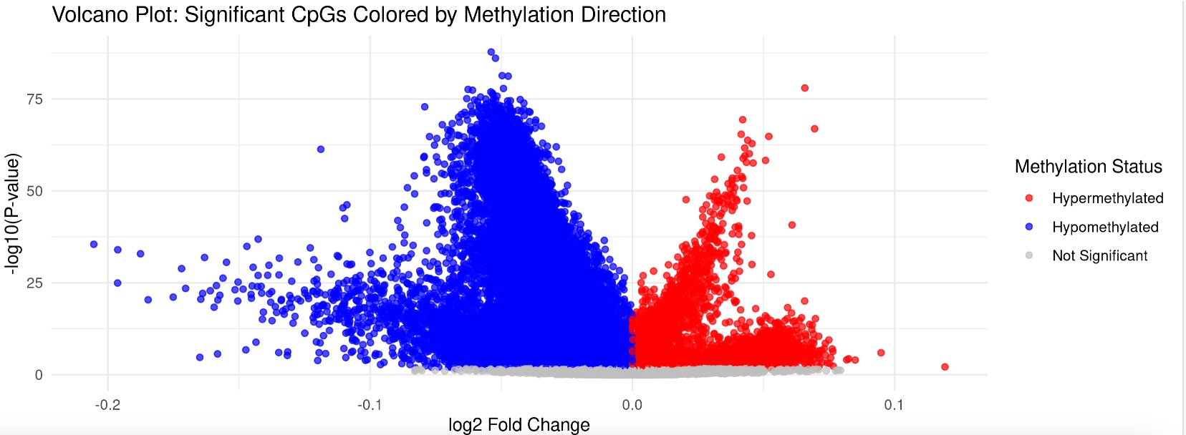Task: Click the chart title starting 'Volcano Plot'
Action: [359, 14]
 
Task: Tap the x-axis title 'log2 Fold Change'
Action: [519, 424]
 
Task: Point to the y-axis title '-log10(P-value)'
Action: [12, 212]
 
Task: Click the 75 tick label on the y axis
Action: [34, 99]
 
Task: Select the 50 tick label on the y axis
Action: [34, 191]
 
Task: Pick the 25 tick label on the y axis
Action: [34, 283]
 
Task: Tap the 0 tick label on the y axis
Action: [39, 375]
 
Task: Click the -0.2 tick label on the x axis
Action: [107, 405]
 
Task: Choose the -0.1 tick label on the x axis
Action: [370, 405]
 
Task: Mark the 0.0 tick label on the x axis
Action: [632, 405]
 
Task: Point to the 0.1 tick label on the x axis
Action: [893, 405]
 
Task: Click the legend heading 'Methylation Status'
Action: [1088, 167]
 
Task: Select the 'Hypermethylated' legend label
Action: [1107, 198]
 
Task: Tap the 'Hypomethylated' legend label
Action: [1105, 227]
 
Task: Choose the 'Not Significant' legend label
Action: [1099, 255]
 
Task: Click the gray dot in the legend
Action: [1029, 255]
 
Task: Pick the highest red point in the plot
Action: [804, 88]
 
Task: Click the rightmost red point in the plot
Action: [945, 367]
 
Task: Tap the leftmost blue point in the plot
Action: [94, 245]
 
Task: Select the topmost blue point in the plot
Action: [491, 52]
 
